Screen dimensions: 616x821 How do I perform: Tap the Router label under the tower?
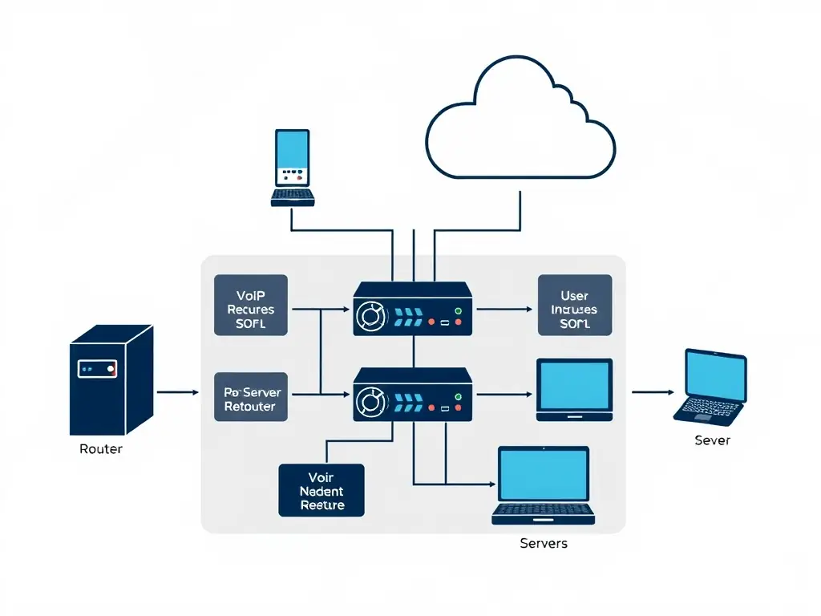pos(101,449)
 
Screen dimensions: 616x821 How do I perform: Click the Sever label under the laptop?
pos(712,440)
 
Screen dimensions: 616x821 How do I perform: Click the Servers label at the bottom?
pos(544,543)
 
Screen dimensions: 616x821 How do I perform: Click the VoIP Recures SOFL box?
pos(250,305)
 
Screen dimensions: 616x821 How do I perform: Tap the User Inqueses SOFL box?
pos(574,305)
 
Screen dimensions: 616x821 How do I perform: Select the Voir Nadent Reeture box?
pos(322,490)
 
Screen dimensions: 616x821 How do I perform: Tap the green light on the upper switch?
pos(458,310)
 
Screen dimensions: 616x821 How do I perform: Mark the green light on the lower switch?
pos(458,395)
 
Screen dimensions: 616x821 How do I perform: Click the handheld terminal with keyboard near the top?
pos(293,168)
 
